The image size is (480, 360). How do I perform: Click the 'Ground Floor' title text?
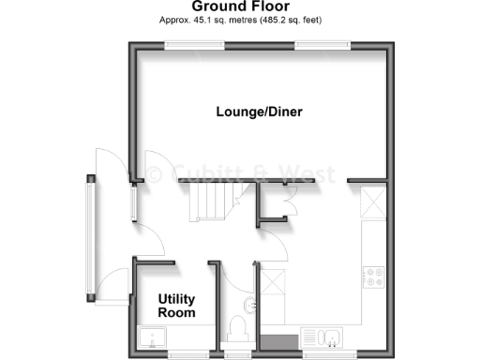tap(240, 6)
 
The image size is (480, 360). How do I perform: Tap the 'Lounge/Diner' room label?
tap(259, 112)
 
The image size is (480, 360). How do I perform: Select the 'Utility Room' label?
tap(176, 306)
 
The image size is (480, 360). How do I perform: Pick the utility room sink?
tap(151, 337)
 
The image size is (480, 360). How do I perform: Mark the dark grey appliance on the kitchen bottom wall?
tap(276, 341)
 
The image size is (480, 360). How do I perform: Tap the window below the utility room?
tap(184, 355)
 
